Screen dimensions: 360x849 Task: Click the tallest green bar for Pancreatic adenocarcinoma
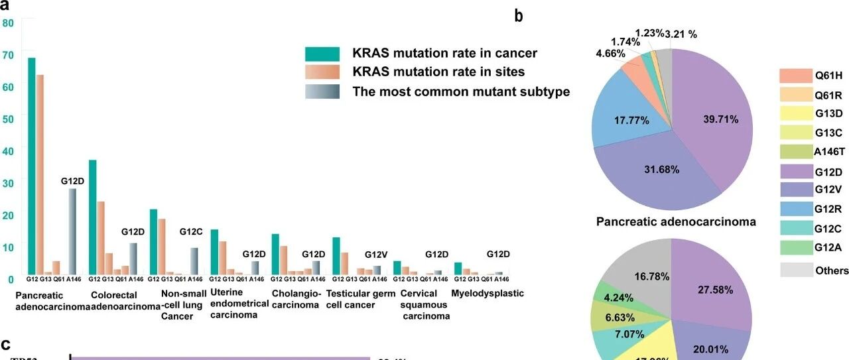coord(31,166)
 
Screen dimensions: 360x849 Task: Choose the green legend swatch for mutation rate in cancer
coord(322,54)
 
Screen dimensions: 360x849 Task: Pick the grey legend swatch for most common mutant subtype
coord(322,91)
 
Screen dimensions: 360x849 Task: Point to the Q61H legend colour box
coord(796,76)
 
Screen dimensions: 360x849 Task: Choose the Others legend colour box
coord(796,270)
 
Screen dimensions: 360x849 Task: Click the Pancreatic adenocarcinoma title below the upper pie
coord(676,222)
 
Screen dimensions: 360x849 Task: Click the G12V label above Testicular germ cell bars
coord(376,255)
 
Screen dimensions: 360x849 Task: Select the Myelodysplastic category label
coord(488,294)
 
